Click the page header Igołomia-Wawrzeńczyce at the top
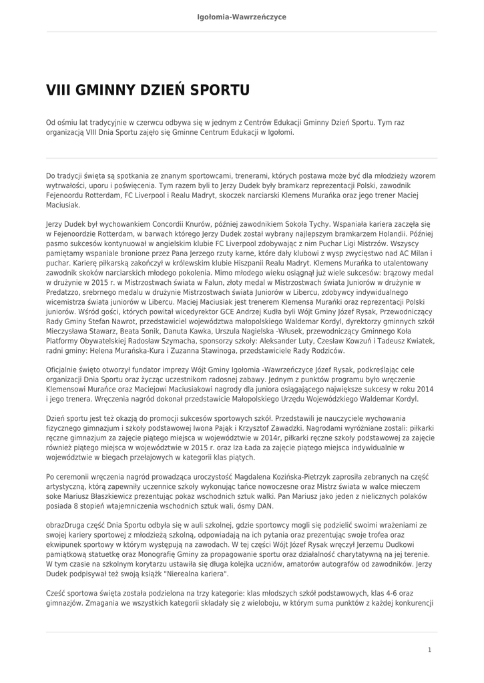pos(242,17)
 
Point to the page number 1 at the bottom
pos(429,650)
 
